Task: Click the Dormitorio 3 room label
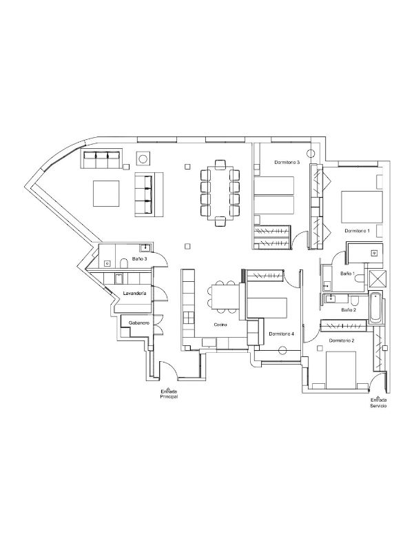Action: tap(287, 162)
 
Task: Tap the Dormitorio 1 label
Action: tap(357, 231)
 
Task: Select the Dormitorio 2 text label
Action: tap(342, 340)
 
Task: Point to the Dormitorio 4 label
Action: tap(282, 334)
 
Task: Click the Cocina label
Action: tap(220, 325)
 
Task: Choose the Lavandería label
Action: tap(135, 294)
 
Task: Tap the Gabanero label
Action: tap(139, 323)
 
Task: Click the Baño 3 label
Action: tap(140, 258)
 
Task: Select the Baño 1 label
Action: tap(347, 274)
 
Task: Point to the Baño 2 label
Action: tap(349, 310)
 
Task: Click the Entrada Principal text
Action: tap(169, 394)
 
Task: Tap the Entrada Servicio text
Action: tap(378, 402)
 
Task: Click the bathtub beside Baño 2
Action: tap(375, 307)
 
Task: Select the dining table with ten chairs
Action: tap(220, 193)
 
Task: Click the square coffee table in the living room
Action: tap(106, 194)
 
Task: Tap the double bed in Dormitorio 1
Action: tap(362, 207)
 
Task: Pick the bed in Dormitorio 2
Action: tap(341, 370)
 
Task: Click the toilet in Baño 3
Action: tap(124, 264)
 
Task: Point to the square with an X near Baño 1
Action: tap(377, 279)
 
